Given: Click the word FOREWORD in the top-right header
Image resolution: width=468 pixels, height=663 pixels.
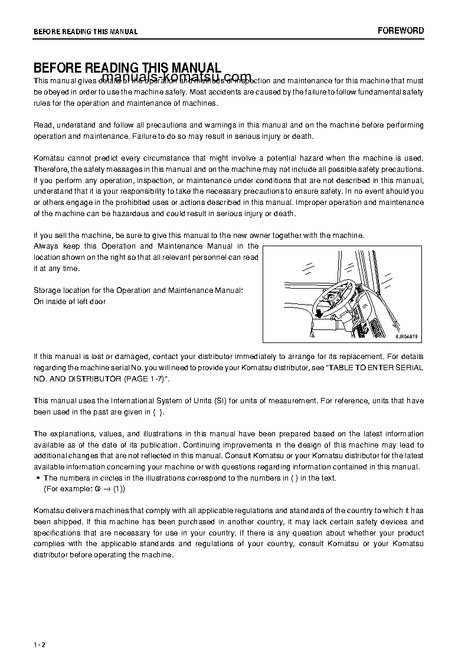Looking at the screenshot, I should [401, 31].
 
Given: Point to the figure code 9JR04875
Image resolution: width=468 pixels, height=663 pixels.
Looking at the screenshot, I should [406, 336].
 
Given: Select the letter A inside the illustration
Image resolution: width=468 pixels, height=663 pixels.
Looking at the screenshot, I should [312, 335].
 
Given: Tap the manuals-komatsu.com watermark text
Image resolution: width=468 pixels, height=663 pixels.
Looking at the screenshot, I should [176, 78].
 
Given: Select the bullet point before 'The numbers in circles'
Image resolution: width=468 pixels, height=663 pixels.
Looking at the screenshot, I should [38, 478].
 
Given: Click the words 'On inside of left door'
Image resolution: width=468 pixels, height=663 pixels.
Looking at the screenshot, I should [70, 302].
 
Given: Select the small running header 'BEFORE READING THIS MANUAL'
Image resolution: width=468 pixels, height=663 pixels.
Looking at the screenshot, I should [86, 31].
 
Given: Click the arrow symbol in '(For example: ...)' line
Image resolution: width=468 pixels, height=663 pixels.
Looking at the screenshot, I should [107, 489].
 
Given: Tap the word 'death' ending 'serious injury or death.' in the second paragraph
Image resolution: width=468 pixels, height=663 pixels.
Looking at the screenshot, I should [302, 136].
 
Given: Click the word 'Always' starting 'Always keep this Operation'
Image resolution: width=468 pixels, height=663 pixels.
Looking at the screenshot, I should [45, 246].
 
